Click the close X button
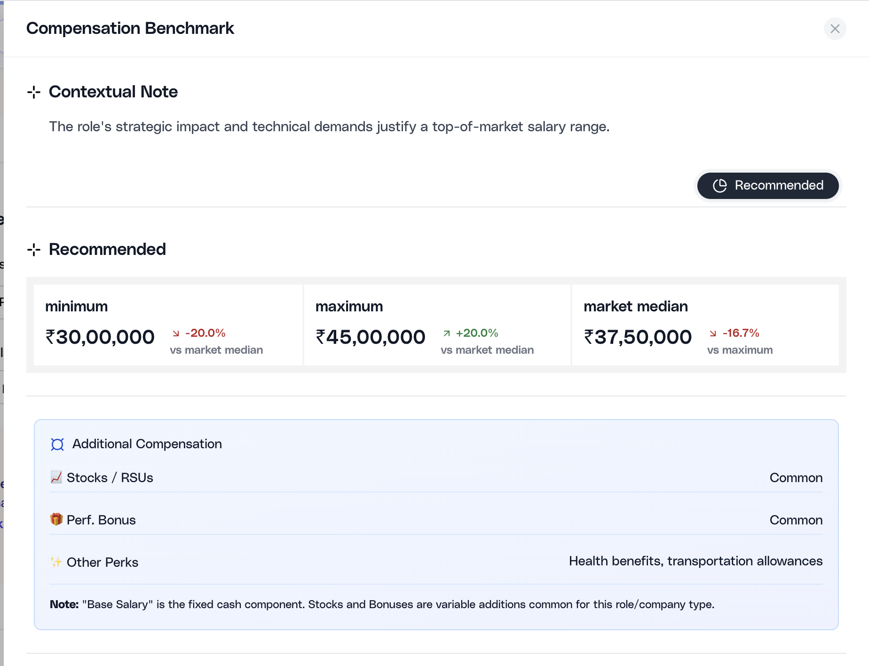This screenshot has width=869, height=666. coord(835,29)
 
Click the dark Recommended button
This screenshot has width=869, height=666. coord(767,185)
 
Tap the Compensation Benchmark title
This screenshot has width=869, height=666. coord(130,28)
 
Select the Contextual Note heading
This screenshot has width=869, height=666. coord(113,92)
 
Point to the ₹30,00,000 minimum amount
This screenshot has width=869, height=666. coord(100,337)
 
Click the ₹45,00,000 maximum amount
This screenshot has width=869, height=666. coord(371,337)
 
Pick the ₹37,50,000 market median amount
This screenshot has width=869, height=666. coord(638,337)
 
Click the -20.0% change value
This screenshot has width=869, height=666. coord(205,333)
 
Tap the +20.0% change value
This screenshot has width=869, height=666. coord(477,333)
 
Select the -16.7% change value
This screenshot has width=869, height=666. coord(741,333)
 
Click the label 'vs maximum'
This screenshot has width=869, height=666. coord(740,350)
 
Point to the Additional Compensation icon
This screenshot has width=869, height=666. coord(57,444)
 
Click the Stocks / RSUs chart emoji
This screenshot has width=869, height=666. coord(56,477)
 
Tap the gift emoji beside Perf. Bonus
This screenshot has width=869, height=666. coord(56,519)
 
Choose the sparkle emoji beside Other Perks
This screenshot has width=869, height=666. coord(56,562)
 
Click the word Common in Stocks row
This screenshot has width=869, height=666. coord(796,478)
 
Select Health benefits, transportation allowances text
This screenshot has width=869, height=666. coord(695,561)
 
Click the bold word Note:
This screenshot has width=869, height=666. coord(64,604)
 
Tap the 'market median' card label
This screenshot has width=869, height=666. coord(635,307)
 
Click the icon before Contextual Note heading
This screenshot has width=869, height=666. coord(34,92)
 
